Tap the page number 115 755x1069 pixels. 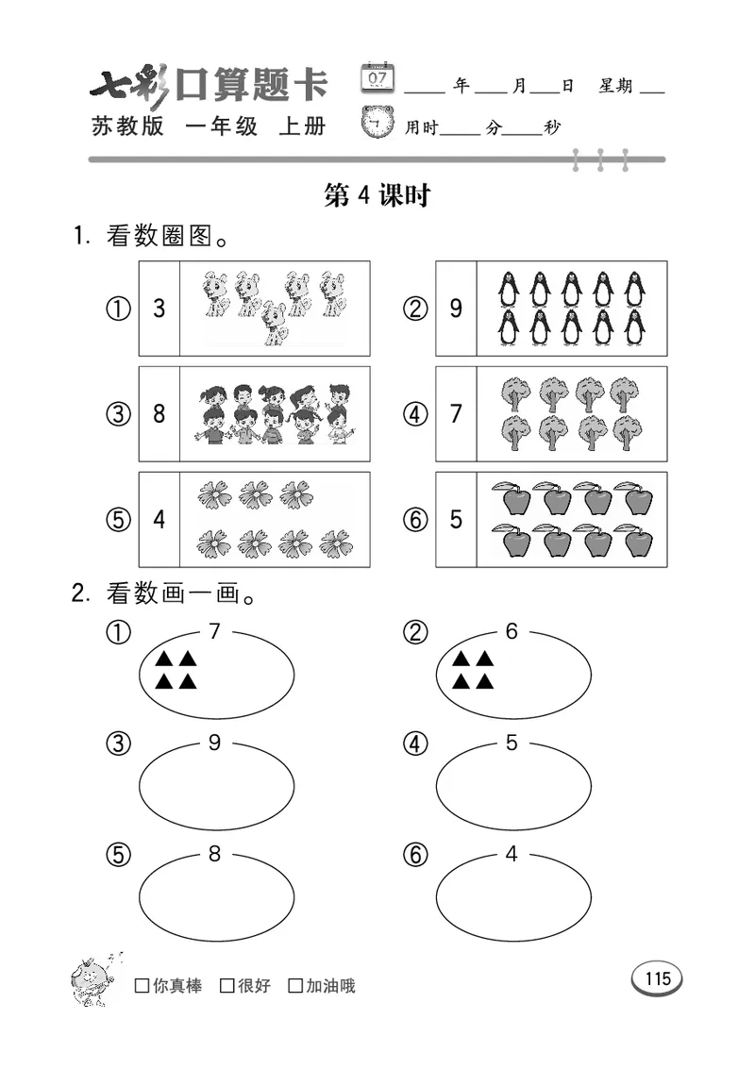657,978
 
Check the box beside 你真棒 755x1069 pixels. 143,986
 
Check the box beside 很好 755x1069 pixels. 226,986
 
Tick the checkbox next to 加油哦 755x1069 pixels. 295,986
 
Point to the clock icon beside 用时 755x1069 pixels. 378,124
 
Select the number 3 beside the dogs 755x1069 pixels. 159,309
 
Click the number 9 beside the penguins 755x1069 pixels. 456,309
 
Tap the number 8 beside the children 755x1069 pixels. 159,414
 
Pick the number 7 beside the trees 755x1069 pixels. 456,414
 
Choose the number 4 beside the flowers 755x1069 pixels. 159,520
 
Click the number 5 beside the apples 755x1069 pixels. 456,520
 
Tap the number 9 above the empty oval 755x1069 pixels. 214,743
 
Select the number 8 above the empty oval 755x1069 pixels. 214,854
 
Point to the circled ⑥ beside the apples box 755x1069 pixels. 414,520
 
